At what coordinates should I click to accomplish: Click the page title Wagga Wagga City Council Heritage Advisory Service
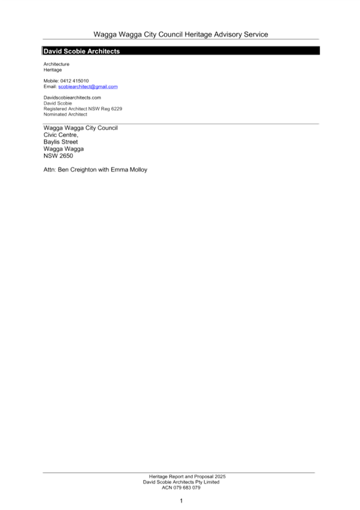click(x=181, y=34)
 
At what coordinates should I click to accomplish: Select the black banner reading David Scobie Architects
click(x=181, y=51)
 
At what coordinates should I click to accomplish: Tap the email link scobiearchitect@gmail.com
click(x=88, y=87)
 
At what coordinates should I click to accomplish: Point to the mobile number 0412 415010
click(x=75, y=81)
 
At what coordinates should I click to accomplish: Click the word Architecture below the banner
click(x=56, y=64)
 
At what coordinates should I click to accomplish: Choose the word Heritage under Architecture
click(x=53, y=70)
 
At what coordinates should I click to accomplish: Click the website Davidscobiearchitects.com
click(x=72, y=97)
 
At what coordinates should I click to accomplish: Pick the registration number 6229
click(x=117, y=109)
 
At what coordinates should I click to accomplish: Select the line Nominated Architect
click(x=66, y=114)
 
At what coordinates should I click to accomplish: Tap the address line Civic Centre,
click(x=61, y=135)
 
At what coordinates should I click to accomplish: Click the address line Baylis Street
click(x=61, y=142)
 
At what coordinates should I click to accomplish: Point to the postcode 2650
click(x=66, y=156)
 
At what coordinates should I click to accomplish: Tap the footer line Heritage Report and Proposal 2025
click(x=187, y=476)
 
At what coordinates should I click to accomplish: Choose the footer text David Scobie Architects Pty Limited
click(x=181, y=482)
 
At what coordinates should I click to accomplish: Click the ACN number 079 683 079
click(x=186, y=488)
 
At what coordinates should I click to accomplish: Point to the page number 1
click(x=182, y=501)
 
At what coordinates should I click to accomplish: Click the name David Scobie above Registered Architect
click(x=58, y=103)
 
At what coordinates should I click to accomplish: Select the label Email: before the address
click(x=50, y=87)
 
